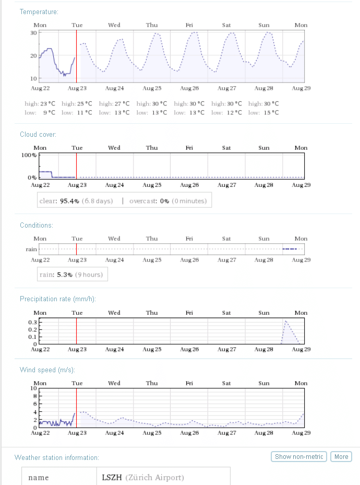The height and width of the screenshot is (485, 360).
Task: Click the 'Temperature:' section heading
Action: point(39,11)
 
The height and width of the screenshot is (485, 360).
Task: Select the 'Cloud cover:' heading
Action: point(38,134)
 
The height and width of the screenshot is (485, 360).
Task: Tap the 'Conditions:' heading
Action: point(37,225)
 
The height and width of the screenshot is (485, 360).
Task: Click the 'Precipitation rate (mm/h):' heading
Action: point(58,299)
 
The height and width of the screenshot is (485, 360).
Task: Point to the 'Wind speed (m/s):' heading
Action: point(47,370)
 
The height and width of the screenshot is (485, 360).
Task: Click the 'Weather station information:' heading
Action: point(57,457)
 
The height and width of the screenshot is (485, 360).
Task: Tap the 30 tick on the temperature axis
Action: point(33,32)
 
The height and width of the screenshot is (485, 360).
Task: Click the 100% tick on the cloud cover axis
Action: point(29,155)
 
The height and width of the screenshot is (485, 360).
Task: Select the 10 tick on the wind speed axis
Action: point(33,388)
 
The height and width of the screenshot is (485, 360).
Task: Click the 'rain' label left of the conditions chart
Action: point(31,249)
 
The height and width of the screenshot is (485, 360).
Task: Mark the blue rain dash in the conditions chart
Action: point(289,249)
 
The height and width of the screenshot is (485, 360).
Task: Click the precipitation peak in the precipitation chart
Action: point(285,321)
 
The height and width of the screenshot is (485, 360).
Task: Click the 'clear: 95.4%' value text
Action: point(60,201)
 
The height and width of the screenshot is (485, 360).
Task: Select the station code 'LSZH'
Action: point(111,477)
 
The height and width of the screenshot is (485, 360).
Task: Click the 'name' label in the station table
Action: point(38,477)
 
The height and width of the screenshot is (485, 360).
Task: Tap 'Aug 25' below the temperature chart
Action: point(152,88)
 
